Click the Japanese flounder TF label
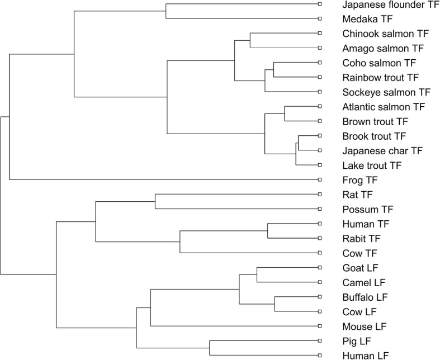pos(390,4)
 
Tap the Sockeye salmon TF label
pos(386,92)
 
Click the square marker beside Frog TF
pos(319,180)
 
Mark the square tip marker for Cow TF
pos(319,253)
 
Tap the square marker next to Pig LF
pos(319,341)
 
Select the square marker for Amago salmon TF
pos(319,48)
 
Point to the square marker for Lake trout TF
pos(319,165)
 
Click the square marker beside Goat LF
pos(319,268)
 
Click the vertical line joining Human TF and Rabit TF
pos(268,231)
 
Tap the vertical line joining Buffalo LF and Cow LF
pos(275,304)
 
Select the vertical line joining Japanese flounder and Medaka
pos(167,11)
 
